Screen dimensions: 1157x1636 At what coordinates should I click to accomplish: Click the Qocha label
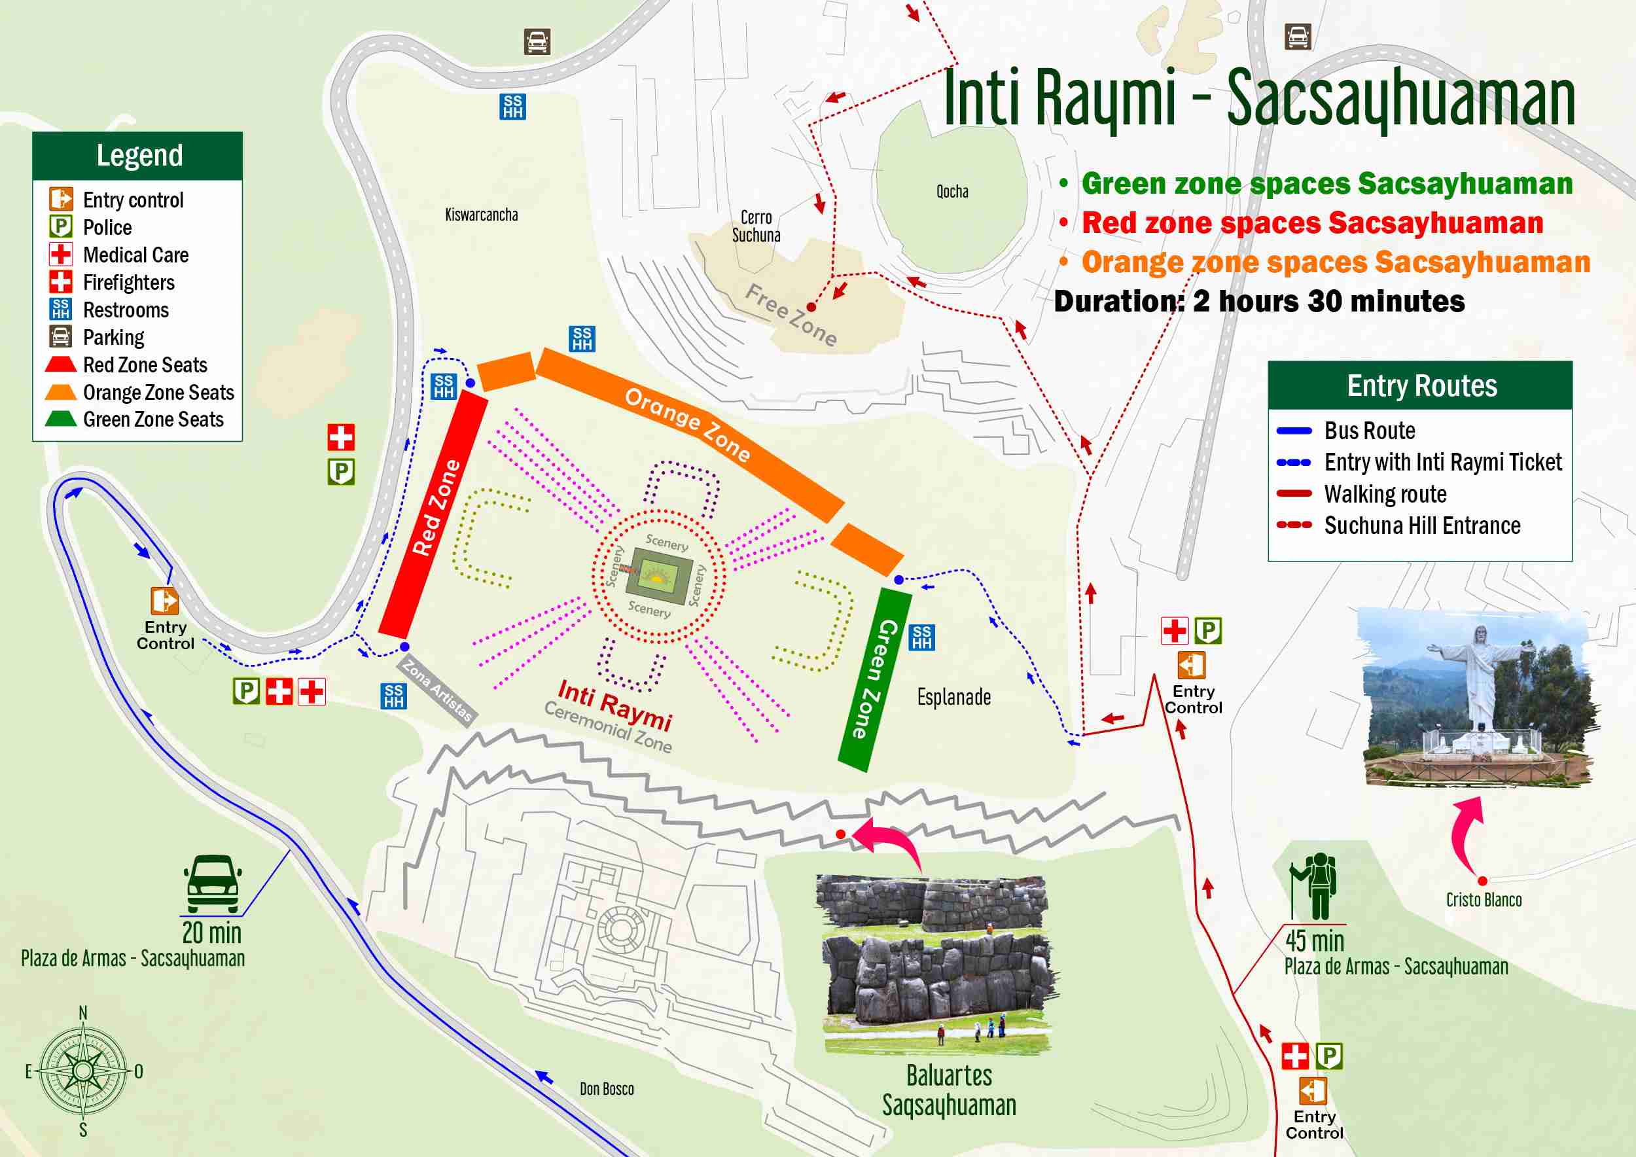point(952,191)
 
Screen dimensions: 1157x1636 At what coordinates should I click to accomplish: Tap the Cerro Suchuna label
point(756,226)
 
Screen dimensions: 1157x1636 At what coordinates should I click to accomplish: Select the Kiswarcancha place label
point(481,215)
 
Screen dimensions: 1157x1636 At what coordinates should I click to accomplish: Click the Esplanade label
point(953,697)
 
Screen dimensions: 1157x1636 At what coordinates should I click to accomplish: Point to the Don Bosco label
point(607,1088)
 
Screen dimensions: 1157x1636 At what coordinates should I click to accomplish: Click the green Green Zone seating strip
point(874,679)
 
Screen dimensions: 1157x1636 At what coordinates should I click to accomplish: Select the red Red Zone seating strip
point(433,513)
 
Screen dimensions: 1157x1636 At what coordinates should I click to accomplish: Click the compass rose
point(83,1071)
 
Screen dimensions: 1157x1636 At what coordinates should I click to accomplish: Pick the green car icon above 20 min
point(212,883)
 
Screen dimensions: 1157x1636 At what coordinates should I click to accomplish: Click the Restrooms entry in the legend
point(126,310)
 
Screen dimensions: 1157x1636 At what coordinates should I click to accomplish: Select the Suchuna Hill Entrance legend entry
point(1421,525)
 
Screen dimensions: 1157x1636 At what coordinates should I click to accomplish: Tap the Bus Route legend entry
point(1369,431)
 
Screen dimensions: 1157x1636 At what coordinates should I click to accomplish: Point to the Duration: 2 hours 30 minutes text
point(1258,302)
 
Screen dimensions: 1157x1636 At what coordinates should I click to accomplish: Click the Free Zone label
point(791,314)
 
